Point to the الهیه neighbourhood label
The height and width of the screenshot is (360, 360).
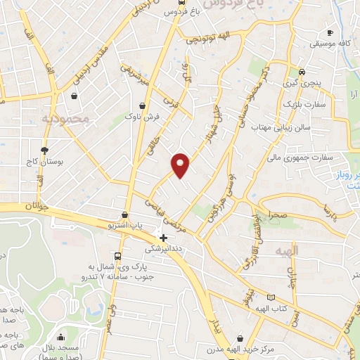tap(307, 250)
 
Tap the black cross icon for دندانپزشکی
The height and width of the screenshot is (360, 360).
tap(164, 238)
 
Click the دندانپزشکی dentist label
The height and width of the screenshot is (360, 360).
tap(162, 249)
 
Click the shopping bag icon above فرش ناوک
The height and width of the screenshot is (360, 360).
tap(144, 107)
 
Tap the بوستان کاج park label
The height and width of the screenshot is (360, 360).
tap(47, 161)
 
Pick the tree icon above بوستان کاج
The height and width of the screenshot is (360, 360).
tap(45, 150)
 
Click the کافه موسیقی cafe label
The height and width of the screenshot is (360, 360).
tap(333, 44)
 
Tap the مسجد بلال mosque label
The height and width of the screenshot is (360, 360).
tap(64, 349)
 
